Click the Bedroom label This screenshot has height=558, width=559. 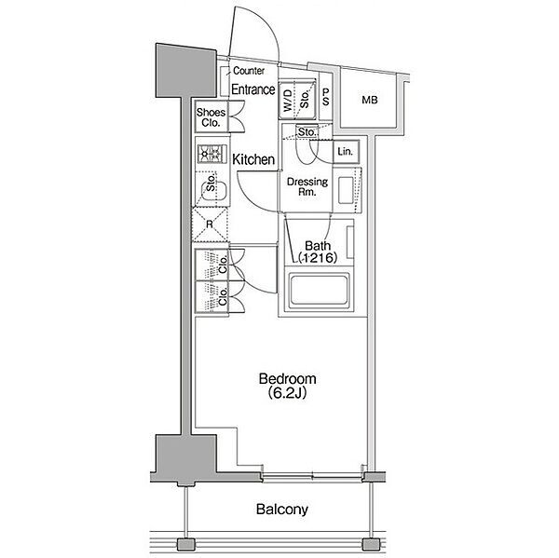(287, 378)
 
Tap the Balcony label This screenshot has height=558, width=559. (282, 510)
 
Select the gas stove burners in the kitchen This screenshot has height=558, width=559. (212, 154)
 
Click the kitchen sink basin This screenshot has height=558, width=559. (211, 189)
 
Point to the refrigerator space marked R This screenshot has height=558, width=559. (210, 225)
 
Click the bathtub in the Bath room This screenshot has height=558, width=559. (319, 289)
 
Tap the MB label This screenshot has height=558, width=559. (369, 101)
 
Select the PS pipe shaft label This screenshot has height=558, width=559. (325, 97)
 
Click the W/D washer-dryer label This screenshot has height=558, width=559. (288, 100)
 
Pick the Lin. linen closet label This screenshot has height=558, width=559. (345, 152)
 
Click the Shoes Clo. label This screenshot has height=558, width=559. (211, 117)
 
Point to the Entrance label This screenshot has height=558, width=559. (253, 89)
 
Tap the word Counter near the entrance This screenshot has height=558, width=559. (249, 71)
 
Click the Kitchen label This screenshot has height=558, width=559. (253, 159)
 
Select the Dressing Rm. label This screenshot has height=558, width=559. (307, 186)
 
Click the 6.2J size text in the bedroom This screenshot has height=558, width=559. (287, 392)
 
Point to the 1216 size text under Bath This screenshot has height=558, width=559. (318, 257)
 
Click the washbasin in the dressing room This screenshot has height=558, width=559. (346, 190)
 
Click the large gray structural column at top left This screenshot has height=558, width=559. (186, 71)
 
